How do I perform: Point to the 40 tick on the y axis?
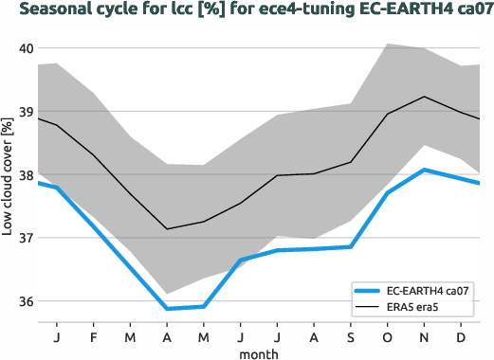tap(26, 49)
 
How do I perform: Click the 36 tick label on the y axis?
tap(26, 302)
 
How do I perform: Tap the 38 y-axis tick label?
tap(26, 175)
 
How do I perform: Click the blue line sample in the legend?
tap(369, 290)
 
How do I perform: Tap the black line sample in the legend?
tap(369, 308)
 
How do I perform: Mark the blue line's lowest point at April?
tap(167, 309)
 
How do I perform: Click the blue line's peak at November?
tap(424, 170)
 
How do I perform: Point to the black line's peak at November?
tap(424, 97)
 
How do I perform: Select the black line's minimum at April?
tap(167, 229)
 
